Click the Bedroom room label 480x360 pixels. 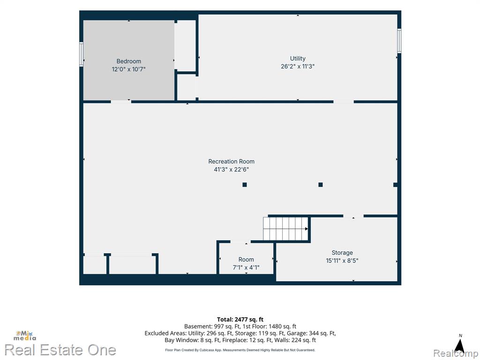[x=128, y=61]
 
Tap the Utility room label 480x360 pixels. [x=298, y=59]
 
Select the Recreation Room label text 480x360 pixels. [x=231, y=161]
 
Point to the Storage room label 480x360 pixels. [x=342, y=253]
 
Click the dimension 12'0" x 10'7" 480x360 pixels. [x=128, y=69]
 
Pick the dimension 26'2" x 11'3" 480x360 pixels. [x=298, y=66]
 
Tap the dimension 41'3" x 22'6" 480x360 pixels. [x=231, y=169]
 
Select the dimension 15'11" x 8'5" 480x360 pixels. [x=342, y=261]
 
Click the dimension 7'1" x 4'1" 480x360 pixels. [x=246, y=268]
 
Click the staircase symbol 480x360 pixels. [x=285, y=229]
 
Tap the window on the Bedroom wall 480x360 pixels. [x=82, y=54]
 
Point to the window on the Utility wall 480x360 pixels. [x=399, y=41]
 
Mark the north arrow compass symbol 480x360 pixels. [x=459, y=345]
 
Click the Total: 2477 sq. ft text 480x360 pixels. [x=240, y=320]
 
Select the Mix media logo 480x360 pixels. [x=24, y=336]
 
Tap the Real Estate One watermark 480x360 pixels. [x=60, y=350]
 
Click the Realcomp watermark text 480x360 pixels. [x=456, y=353]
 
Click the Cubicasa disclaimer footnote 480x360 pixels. [x=240, y=350]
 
